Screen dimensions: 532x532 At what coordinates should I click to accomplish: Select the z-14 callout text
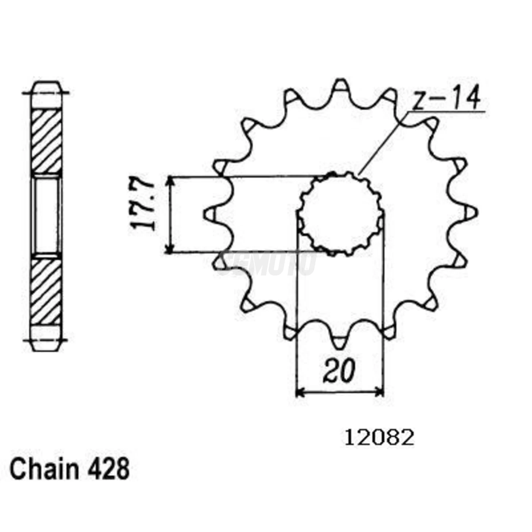coord(447,98)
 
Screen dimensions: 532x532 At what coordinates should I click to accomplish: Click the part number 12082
coord(379,438)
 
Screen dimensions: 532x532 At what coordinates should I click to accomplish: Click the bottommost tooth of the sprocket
coord(340,342)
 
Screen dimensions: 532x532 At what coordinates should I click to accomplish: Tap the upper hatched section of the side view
coord(46,141)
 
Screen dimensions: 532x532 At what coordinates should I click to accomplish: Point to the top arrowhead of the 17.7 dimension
coord(170,181)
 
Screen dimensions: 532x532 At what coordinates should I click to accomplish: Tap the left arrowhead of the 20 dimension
coord(300,392)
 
